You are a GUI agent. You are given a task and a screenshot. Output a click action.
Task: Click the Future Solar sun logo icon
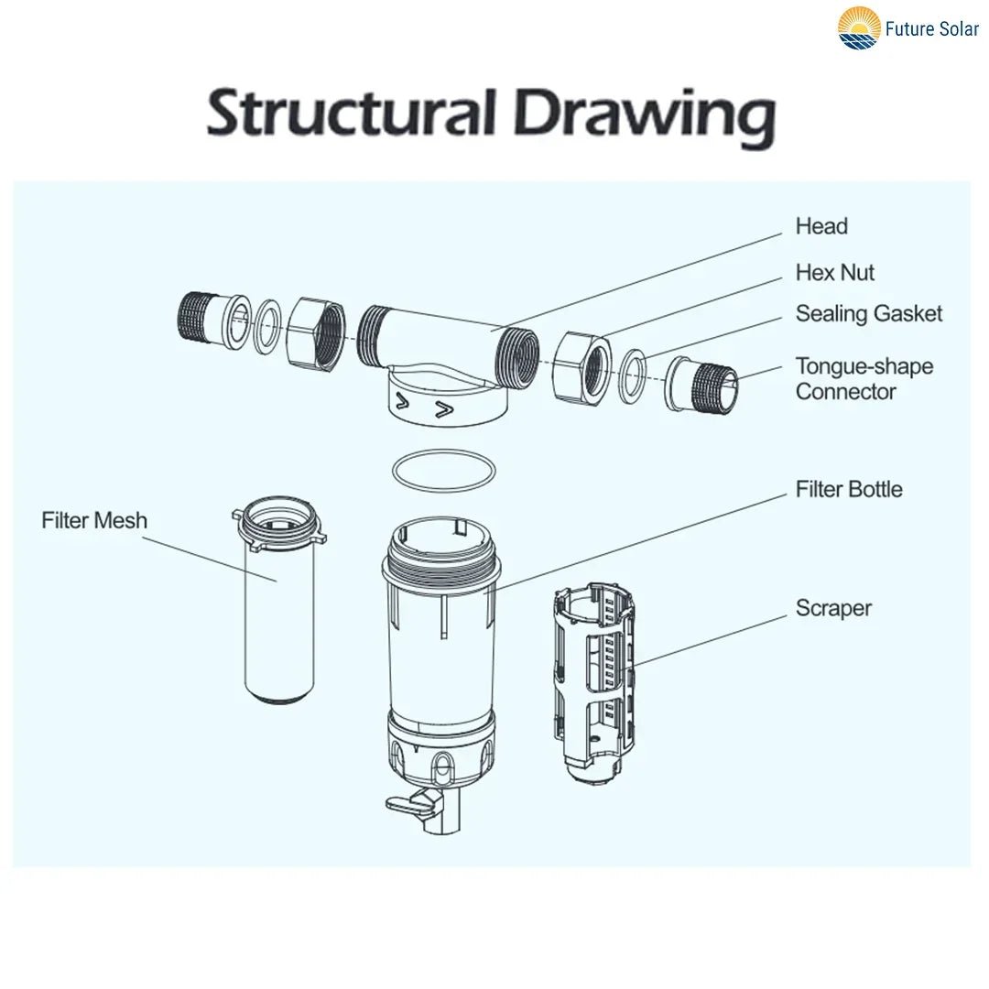click(x=859, y=27)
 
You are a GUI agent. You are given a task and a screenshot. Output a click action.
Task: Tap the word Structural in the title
click(x=351, y=115)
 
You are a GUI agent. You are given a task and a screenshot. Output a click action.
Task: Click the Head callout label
click(x=821, y=226)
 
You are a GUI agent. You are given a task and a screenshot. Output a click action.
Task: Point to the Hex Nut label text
click(x=834, y=273)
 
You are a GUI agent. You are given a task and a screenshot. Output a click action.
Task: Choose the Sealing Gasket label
click(x=868, y=314)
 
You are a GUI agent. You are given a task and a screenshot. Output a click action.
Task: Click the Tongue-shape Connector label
click(x=864, y=379)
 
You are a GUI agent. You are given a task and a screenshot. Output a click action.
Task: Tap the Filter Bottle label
click(x=848, y=489)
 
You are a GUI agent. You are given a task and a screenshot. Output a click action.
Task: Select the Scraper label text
click(x=833, y=608)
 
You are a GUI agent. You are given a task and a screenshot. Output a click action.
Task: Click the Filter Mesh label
click(x=94, y=520)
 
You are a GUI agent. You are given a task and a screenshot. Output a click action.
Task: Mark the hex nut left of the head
click(x=317, y=332)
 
